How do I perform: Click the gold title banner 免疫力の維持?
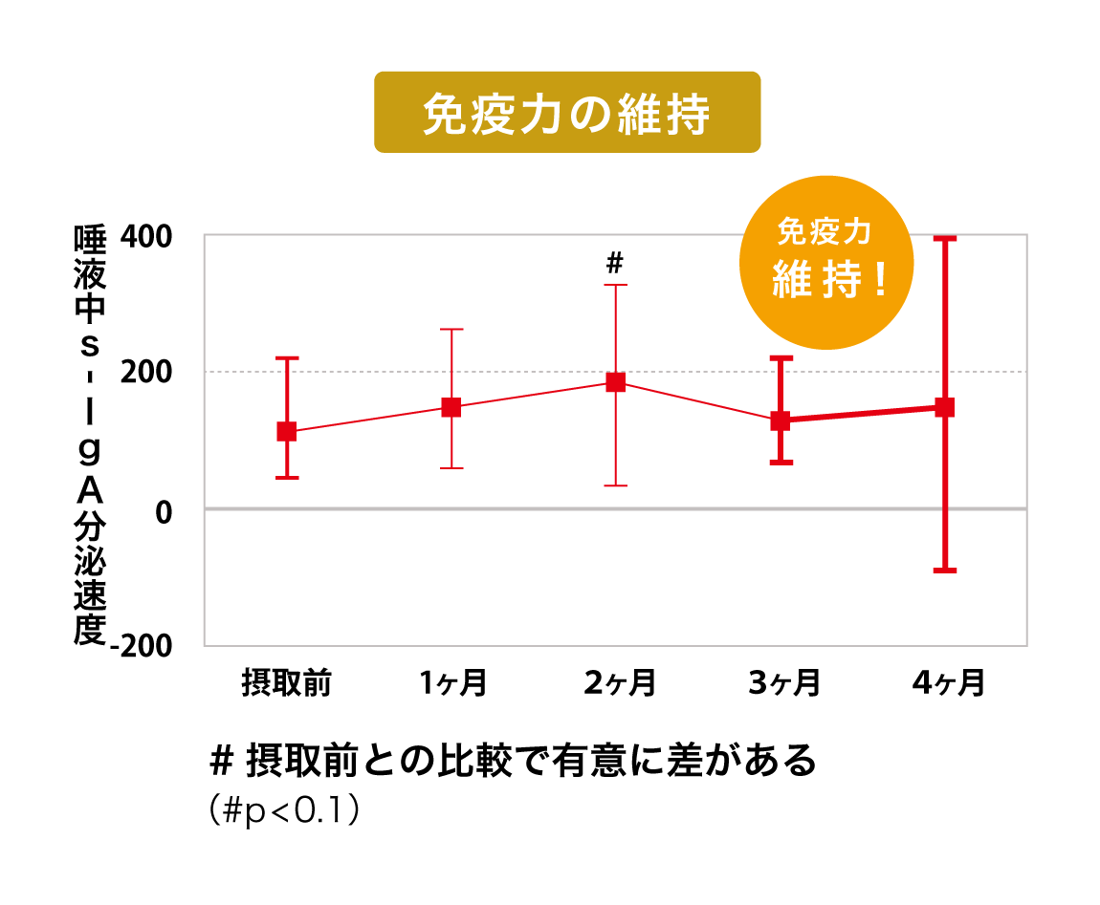coord(566,112)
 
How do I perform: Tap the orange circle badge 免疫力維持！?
coord(826,259)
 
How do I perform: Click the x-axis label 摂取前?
coord(286,683)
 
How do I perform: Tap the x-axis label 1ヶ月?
coord(451,683)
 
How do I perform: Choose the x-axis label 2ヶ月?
coord(617,683)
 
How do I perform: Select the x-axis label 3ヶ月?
coord(782,683)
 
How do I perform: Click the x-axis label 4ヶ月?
coord(947,683)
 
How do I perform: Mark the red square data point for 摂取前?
coord(286,432)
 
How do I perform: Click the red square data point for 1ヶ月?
coord(451,408)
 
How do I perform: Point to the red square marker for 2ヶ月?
coord(616,382)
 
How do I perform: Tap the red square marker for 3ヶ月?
coord(781,420)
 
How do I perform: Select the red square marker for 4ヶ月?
coord(945,408)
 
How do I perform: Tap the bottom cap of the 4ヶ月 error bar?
coord(945,571)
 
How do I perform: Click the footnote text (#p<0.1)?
coord(284,811)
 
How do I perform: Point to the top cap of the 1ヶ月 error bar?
coord(451,329)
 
